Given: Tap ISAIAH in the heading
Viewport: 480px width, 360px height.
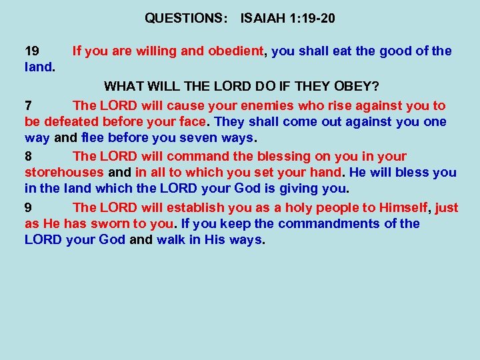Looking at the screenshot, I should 264,19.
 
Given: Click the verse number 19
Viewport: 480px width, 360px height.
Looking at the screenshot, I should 32,51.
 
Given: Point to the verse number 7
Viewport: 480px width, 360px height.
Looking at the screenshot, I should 28,106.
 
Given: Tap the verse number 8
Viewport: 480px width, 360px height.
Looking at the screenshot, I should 28,157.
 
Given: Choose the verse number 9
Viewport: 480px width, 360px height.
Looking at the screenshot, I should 28,208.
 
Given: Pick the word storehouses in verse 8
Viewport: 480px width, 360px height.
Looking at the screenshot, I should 64,173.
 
